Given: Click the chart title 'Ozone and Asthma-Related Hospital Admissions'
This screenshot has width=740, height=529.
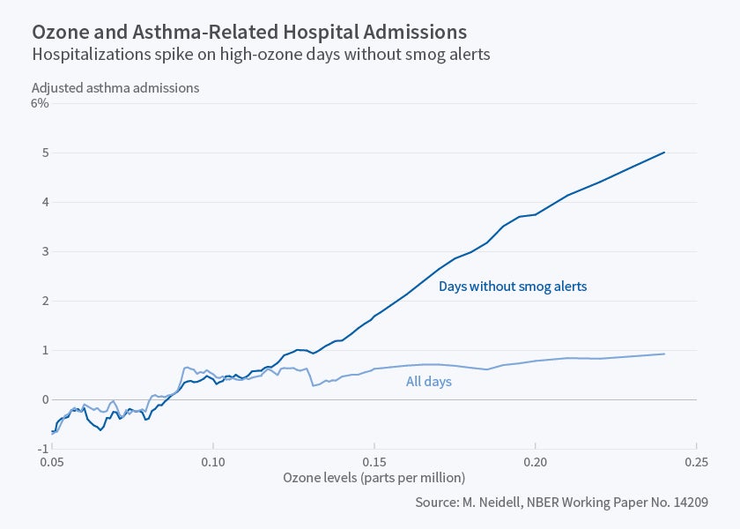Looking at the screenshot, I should click(x=249, y=32).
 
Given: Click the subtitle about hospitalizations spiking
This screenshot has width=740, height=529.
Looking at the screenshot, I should click(x=261, y=55).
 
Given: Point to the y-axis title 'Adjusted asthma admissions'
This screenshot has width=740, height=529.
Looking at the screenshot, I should click(x=115, y=87).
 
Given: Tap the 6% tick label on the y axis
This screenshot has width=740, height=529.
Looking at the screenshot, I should click(x=40, y=103).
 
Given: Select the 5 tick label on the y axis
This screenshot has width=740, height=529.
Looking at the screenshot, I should click(x=44, y=153).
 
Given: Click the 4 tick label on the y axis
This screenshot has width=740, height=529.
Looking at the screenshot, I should click(x=44, y=202).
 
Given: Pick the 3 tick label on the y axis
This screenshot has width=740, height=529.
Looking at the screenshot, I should click(x=44, y=251).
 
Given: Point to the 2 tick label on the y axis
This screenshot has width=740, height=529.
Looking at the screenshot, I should click(x=44, y=301).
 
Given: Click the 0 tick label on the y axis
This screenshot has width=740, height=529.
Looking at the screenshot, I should click(x=44, y=399).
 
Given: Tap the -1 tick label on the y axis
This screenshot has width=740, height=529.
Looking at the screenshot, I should click(x=42, y=448).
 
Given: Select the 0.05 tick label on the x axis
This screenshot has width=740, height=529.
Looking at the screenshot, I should click(x=52, y=461).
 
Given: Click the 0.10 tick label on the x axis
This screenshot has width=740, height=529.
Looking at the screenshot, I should click(x=213, y=461).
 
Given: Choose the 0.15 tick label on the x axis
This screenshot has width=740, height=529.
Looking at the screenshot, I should click(x=374, y=461).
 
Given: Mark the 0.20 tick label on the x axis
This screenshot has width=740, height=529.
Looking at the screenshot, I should click(x=535, y=461).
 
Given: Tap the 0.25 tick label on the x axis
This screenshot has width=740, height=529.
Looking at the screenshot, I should click(x=696, y=461).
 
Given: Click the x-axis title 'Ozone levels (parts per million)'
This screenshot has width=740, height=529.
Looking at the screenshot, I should click(x=374, y=477).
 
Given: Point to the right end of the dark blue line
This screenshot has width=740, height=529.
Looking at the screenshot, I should click(x=664, y=153).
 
